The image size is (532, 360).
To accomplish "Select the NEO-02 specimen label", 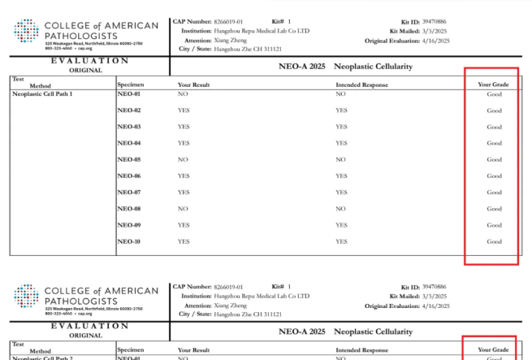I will tap(129, 111).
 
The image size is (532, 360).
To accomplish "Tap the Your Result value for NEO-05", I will tap(183, 159).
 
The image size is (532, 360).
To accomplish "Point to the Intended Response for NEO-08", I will tap(340, 209).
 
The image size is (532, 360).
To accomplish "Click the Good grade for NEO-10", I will tap(494, 241).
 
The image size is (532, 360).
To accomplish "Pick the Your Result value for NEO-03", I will tap(184, 127).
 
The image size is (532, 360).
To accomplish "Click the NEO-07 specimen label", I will tap(129, 193).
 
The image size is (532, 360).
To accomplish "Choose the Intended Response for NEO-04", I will tap(341, 143).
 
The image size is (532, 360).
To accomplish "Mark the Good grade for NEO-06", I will tap(494, 176).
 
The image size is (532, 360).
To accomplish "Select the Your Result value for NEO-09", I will tap(184, 225).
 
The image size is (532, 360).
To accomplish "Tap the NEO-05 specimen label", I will tap(129, 159).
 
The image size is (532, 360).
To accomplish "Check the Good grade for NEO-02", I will tap(494, 111).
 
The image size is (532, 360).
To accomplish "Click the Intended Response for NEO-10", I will tap(341, 241).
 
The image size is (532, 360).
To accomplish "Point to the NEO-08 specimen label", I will tap(129, 209).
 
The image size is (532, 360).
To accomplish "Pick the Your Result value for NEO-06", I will tap(184, 176).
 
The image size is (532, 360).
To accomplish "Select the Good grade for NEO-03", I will tap(494, 127).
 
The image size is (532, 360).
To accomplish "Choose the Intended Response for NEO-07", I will tap(341, 193).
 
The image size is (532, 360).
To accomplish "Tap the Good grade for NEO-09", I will tap(494, 225).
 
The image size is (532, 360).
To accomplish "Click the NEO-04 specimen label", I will tap(129, 143).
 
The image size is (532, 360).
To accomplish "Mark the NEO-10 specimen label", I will tap(129, 241).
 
